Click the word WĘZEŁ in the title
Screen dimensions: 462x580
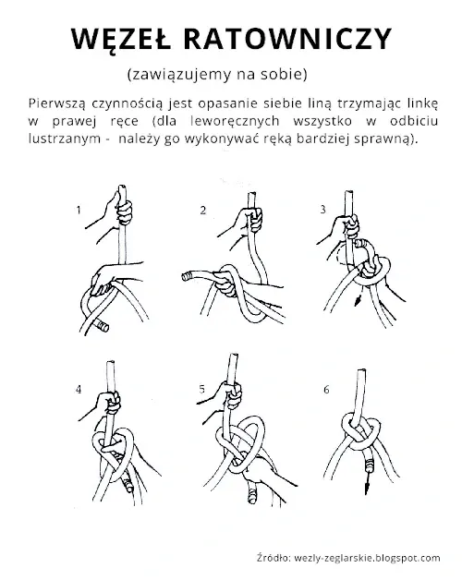point(121,39)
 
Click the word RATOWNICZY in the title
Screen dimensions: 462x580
point(287,38)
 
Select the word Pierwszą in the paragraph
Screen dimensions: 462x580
point(56,104)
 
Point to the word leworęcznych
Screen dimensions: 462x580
point(235,121)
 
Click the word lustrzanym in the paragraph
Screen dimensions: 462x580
point(65,139)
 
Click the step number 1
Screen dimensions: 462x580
point(79,210)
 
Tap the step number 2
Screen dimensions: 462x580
point(203,210)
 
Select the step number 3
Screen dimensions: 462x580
point(322,210)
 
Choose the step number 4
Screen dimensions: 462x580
point(79,390)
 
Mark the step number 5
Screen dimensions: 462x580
point(201,389)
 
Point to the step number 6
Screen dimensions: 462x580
point(326,390)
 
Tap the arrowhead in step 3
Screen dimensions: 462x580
point(358,301)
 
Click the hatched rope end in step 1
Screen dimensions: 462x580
point(101,326)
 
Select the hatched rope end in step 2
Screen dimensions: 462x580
point(188,276)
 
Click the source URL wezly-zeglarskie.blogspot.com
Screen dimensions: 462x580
point(367,558)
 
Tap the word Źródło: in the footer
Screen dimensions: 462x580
point(274,557)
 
